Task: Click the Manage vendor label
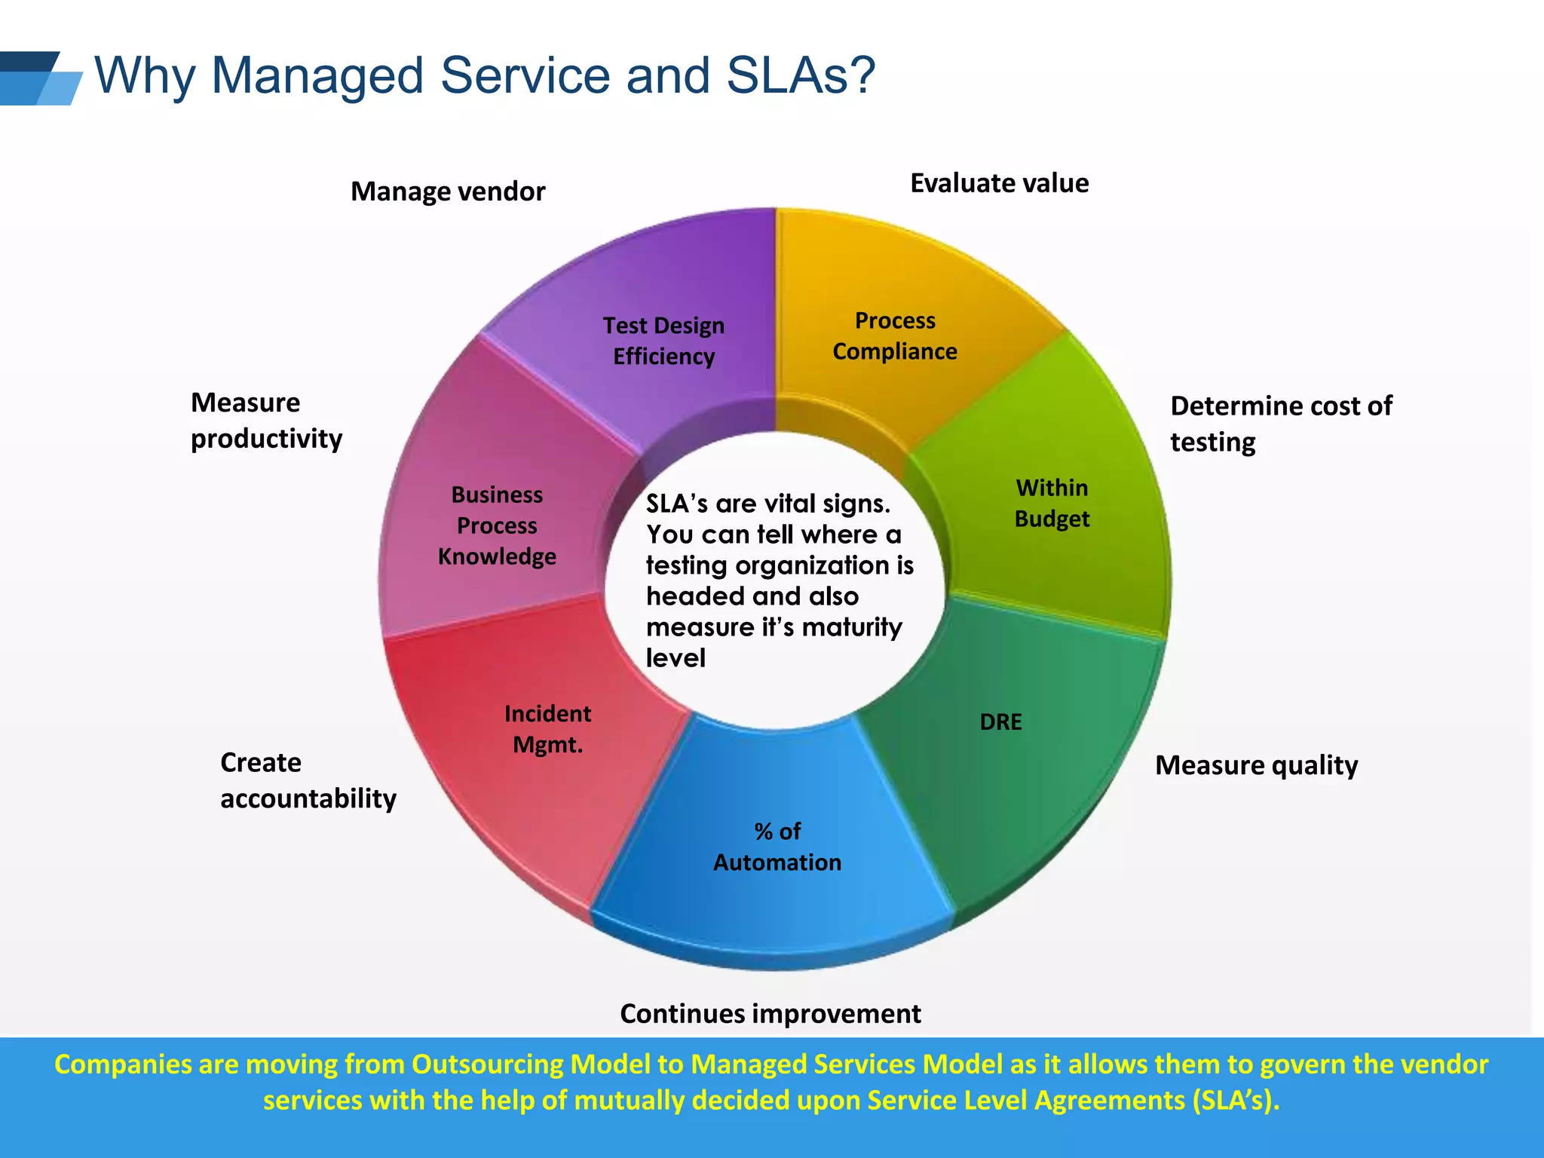[x=448, y=191]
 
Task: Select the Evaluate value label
[x=999, y=183]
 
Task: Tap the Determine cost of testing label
[x=1280, y=423]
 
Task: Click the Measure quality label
[x=1256, y=765]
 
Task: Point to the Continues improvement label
[x=770, y=1014]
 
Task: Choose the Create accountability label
[x=308, y=780]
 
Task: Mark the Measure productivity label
[x=266, y=420]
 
